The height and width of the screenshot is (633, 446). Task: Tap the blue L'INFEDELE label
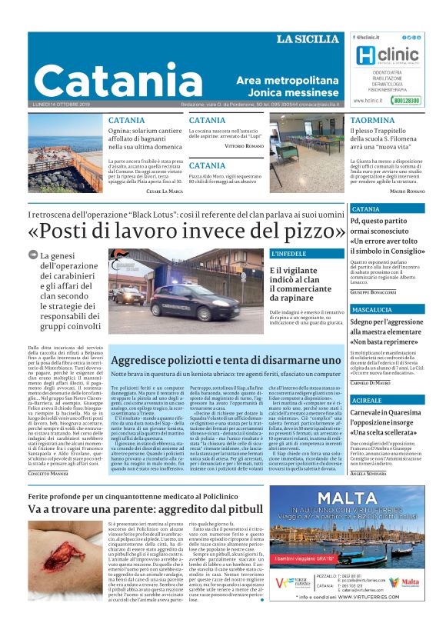coord(289,253)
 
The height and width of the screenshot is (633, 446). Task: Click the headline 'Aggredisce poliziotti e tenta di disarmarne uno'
coord(226,359)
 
